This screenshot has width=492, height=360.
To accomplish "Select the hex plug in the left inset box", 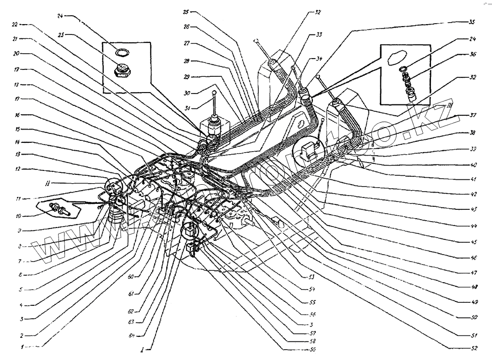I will tap(121, 71).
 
